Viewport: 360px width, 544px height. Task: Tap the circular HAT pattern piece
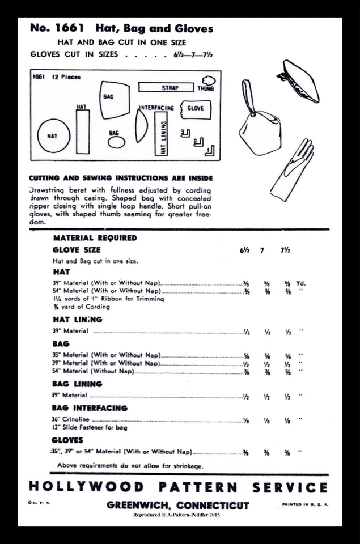tap(53, 136)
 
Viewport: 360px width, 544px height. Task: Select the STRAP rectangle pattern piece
tap(169, 88)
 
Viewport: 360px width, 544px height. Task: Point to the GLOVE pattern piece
tap(195, 108)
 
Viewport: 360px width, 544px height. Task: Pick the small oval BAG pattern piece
tap(116, 142)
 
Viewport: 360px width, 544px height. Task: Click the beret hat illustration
tap(298, 80)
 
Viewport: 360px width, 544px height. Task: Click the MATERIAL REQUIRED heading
tap(95, 238)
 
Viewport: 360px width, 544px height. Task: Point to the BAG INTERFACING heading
tap(89, 407)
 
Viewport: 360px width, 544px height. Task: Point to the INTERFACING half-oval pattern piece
tap(141, 125)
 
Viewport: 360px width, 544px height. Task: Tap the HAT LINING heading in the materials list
tap(77, 320)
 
